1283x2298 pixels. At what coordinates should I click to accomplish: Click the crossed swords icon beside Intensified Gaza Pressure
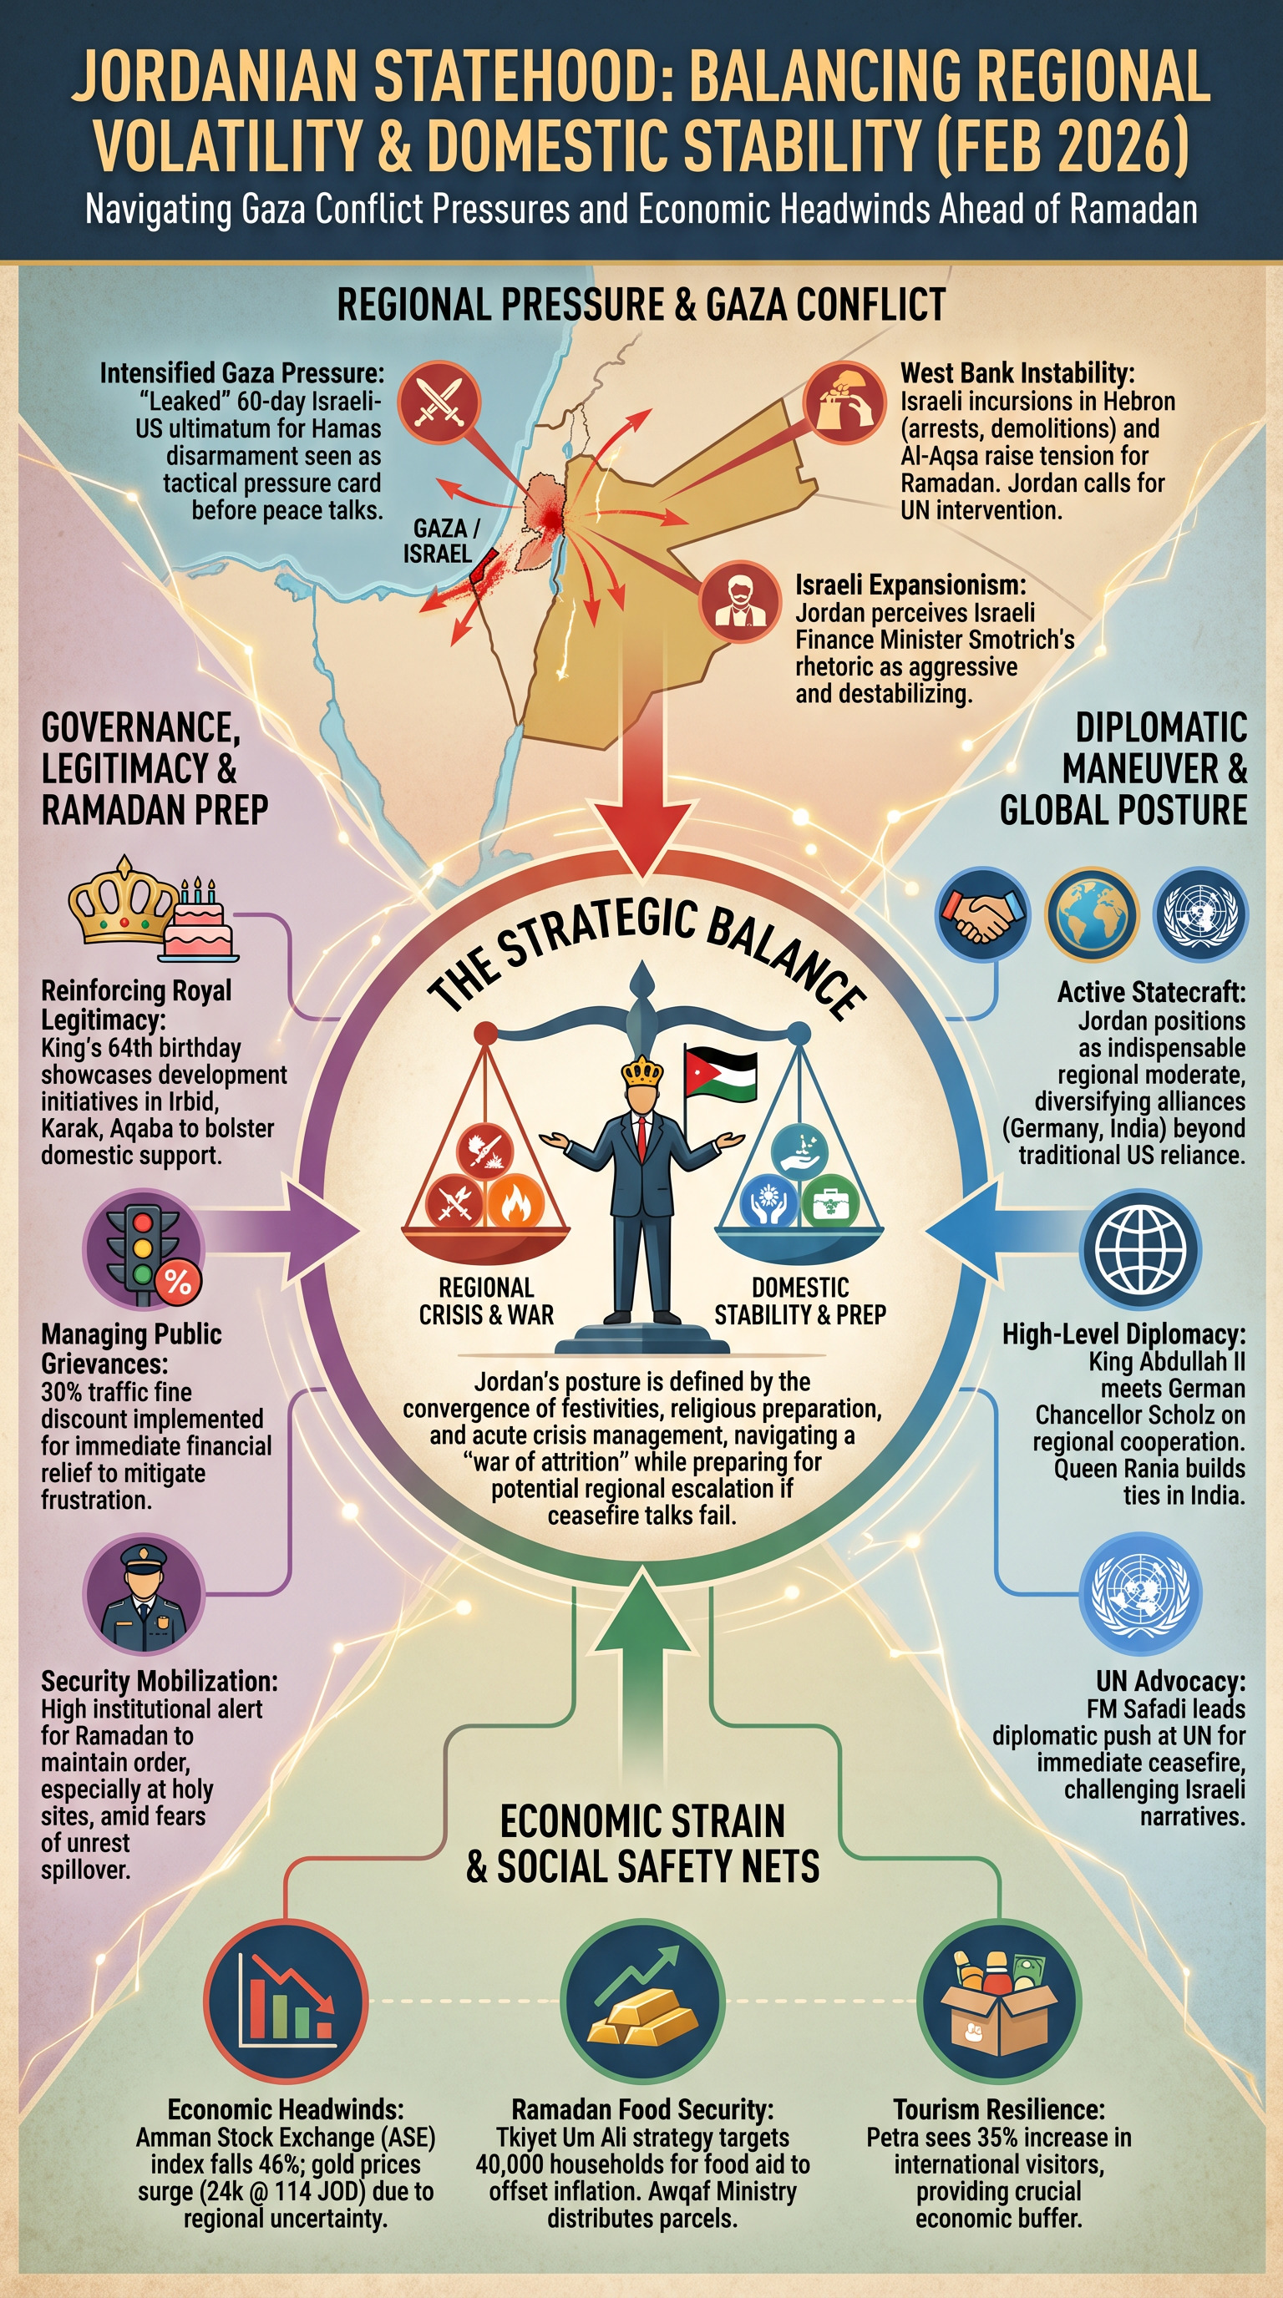439,402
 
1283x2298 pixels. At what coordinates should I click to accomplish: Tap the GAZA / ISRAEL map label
440,540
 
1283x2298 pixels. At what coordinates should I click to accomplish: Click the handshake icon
982,914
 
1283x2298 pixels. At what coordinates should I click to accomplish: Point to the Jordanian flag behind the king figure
720,1075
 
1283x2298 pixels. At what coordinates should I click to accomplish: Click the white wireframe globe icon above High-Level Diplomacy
1140,1249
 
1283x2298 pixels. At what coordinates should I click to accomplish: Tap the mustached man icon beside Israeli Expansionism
738,601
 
